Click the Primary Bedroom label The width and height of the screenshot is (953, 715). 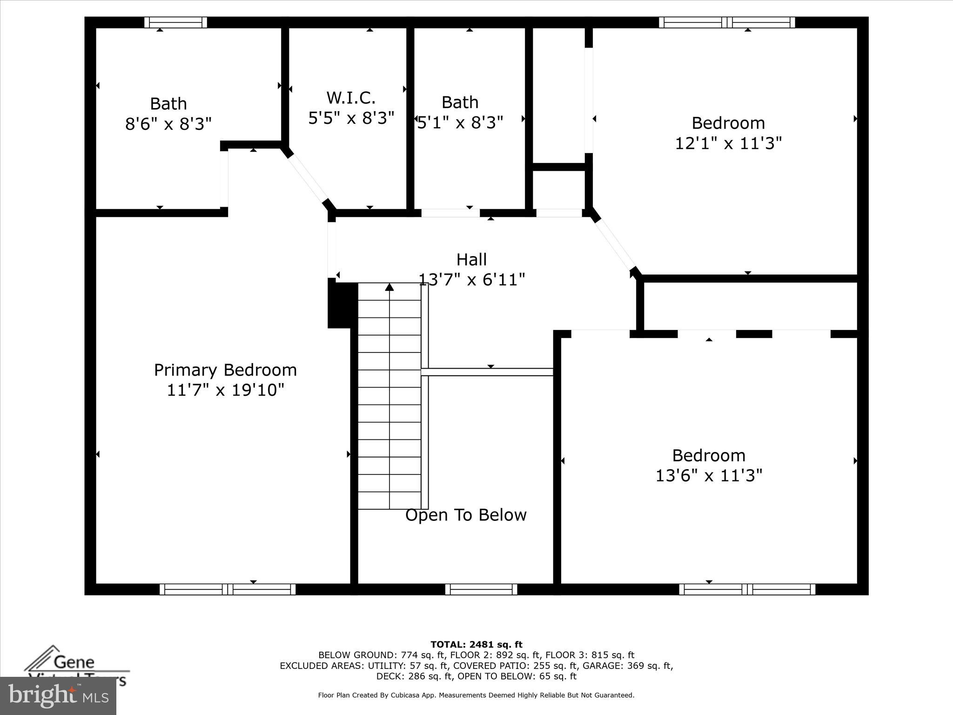(x=225, y=370)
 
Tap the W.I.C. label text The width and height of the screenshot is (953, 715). (x=351, y=98)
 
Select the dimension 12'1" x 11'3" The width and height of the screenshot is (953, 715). (x=728, y=143)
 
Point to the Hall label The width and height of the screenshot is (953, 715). (x=471, y=260)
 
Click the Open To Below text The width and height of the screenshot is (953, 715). (x=466, y=515)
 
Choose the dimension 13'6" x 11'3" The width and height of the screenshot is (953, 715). (x=709, y=475)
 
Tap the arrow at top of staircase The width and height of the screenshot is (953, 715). (x=389, y=287)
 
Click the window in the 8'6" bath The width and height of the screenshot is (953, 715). (x=175, y=22)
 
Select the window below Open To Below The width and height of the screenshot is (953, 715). (x=481, y=589)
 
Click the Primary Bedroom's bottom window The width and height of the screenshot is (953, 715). (x=228, y=589)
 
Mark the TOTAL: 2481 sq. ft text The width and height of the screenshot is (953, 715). (x=476, y=645)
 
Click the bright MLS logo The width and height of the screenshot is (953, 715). (x=58, y=696)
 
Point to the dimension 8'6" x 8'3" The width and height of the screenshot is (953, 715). (x=168, y=124)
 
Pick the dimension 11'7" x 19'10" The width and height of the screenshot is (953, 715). (x=225, y=390)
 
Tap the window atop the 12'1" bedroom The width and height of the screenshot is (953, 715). (x=727, y=22)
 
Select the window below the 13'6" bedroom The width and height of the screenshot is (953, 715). (x=747, y=589)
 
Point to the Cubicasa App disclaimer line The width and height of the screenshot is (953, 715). (x=476, y=695)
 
